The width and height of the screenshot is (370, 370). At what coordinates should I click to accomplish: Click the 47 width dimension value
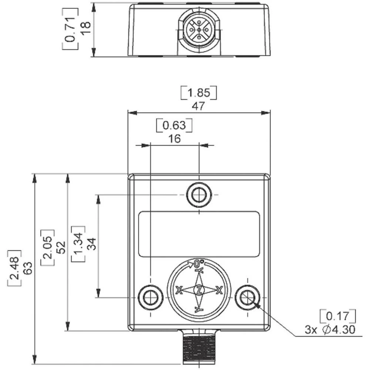198,106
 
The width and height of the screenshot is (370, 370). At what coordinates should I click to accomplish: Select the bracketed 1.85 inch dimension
198,92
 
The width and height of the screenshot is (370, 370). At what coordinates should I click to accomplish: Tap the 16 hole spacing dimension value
175,138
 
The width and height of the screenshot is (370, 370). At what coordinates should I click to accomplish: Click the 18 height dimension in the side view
86,28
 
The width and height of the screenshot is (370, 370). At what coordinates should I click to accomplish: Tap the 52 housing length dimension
61,247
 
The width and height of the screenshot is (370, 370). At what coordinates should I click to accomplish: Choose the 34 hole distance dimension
91,243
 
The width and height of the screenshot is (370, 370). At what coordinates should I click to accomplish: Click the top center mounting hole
199,194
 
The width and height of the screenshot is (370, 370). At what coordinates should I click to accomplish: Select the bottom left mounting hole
150,297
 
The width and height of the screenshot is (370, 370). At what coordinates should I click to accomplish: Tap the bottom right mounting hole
248,297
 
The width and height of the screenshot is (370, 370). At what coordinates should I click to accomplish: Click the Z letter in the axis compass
199,290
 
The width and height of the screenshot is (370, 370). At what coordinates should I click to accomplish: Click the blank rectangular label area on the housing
199,233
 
